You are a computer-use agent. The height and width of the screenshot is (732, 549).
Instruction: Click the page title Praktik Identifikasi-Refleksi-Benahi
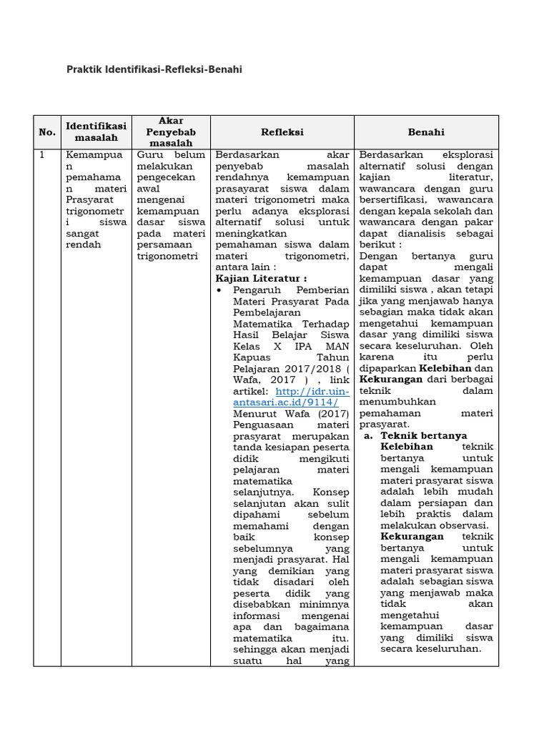click(x=154, y=69)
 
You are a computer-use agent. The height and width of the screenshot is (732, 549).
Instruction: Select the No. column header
click(x=47, y=132)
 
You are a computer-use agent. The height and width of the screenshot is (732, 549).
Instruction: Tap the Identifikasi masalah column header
click(x=96, y=132)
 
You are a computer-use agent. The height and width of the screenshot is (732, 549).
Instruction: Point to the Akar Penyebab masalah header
click(x=171, y=132)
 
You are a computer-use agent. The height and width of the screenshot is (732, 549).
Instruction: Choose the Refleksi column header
click(x=282, y=132)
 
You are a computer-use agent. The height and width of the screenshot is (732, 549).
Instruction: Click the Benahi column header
click(x=426, y=132)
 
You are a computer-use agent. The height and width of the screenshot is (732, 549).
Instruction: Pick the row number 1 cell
click(x=42, y=155)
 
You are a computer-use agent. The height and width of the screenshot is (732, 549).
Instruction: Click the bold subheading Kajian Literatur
click(x=261, y=278)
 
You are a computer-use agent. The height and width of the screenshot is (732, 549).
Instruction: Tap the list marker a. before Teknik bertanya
click(x=368, y=435)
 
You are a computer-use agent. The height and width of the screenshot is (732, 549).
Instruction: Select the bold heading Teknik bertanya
click(x=424, y=435)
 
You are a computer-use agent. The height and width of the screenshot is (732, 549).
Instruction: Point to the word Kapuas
click(x=253, y=357)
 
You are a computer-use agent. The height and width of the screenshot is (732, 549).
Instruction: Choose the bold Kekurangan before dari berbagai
click(x=391, y=380)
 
